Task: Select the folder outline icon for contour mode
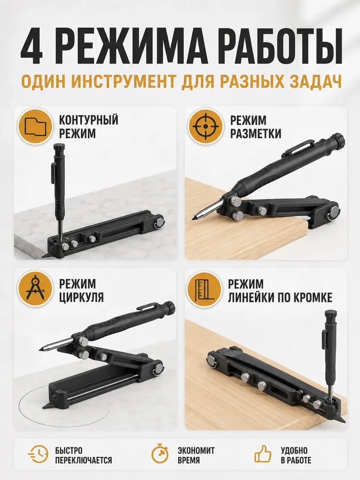coord(36,126)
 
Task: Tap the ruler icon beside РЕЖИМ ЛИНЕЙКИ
coord(204,288)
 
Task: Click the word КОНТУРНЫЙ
coord(88,120)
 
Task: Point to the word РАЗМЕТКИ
coord(255,133)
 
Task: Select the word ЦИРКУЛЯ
coord(81,297)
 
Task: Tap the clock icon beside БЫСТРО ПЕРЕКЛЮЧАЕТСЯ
coord(38,455)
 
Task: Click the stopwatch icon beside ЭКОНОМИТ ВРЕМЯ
coord(160,454)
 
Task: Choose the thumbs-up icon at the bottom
coord(263,454)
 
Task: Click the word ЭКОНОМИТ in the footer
coord(196,450)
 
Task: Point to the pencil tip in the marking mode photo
coord(194,218)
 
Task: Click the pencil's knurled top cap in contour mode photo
coord(58,147)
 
